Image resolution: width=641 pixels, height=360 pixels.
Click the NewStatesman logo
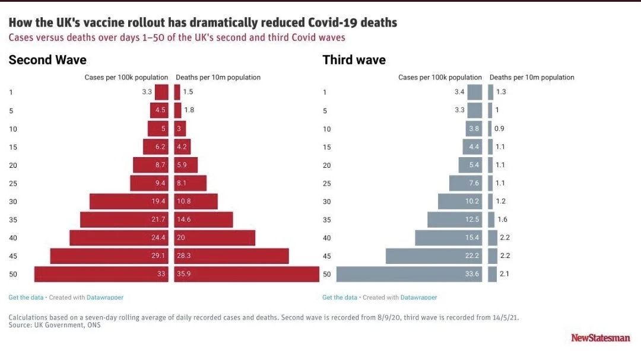601,337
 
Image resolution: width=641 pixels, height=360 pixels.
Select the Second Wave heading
47,60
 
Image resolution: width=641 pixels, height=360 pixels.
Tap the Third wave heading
354,60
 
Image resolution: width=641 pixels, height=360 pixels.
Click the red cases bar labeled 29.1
109,256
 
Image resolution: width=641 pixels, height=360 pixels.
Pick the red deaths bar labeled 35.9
247,274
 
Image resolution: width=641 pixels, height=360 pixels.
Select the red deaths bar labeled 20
215,238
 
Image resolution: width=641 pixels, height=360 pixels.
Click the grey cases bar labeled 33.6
409,274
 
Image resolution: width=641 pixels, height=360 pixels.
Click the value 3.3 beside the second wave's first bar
147,92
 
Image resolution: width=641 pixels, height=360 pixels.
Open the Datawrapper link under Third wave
418,297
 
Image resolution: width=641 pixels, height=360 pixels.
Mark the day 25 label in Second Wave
12,184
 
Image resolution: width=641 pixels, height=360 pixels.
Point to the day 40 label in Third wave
326,238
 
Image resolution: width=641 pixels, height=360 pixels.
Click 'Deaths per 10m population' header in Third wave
532,78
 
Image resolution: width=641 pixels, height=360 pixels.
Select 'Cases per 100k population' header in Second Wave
126,78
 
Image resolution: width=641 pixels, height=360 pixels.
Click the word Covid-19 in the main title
330,23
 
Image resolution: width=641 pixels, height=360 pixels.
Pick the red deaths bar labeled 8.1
191,183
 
